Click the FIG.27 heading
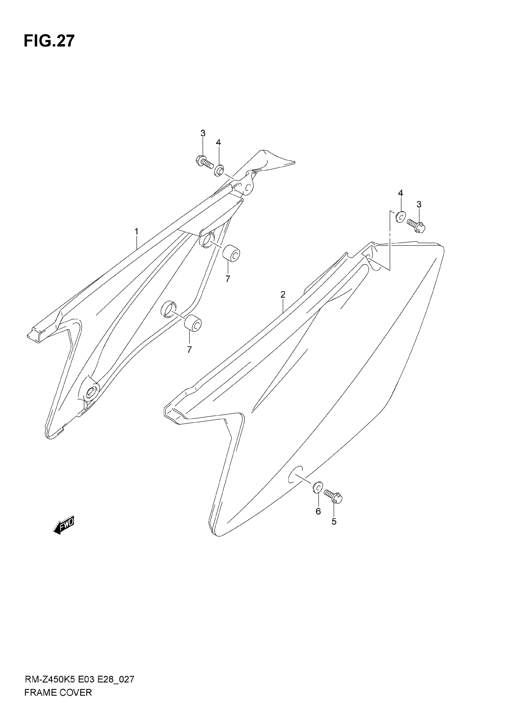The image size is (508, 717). tap(49, 41)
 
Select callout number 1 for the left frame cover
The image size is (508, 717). tap(136, 232)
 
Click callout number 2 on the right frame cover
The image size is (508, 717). tap(283, 294)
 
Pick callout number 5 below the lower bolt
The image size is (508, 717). tap(334, 521)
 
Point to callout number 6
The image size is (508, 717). tap(318, 511)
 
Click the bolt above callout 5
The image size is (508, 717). tap(333, 495)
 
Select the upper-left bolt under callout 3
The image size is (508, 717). tap(203, 162)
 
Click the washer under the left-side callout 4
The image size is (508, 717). tap(219, 170)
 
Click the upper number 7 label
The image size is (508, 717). tap(227, 279)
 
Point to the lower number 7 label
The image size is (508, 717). tap(189, 350)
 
